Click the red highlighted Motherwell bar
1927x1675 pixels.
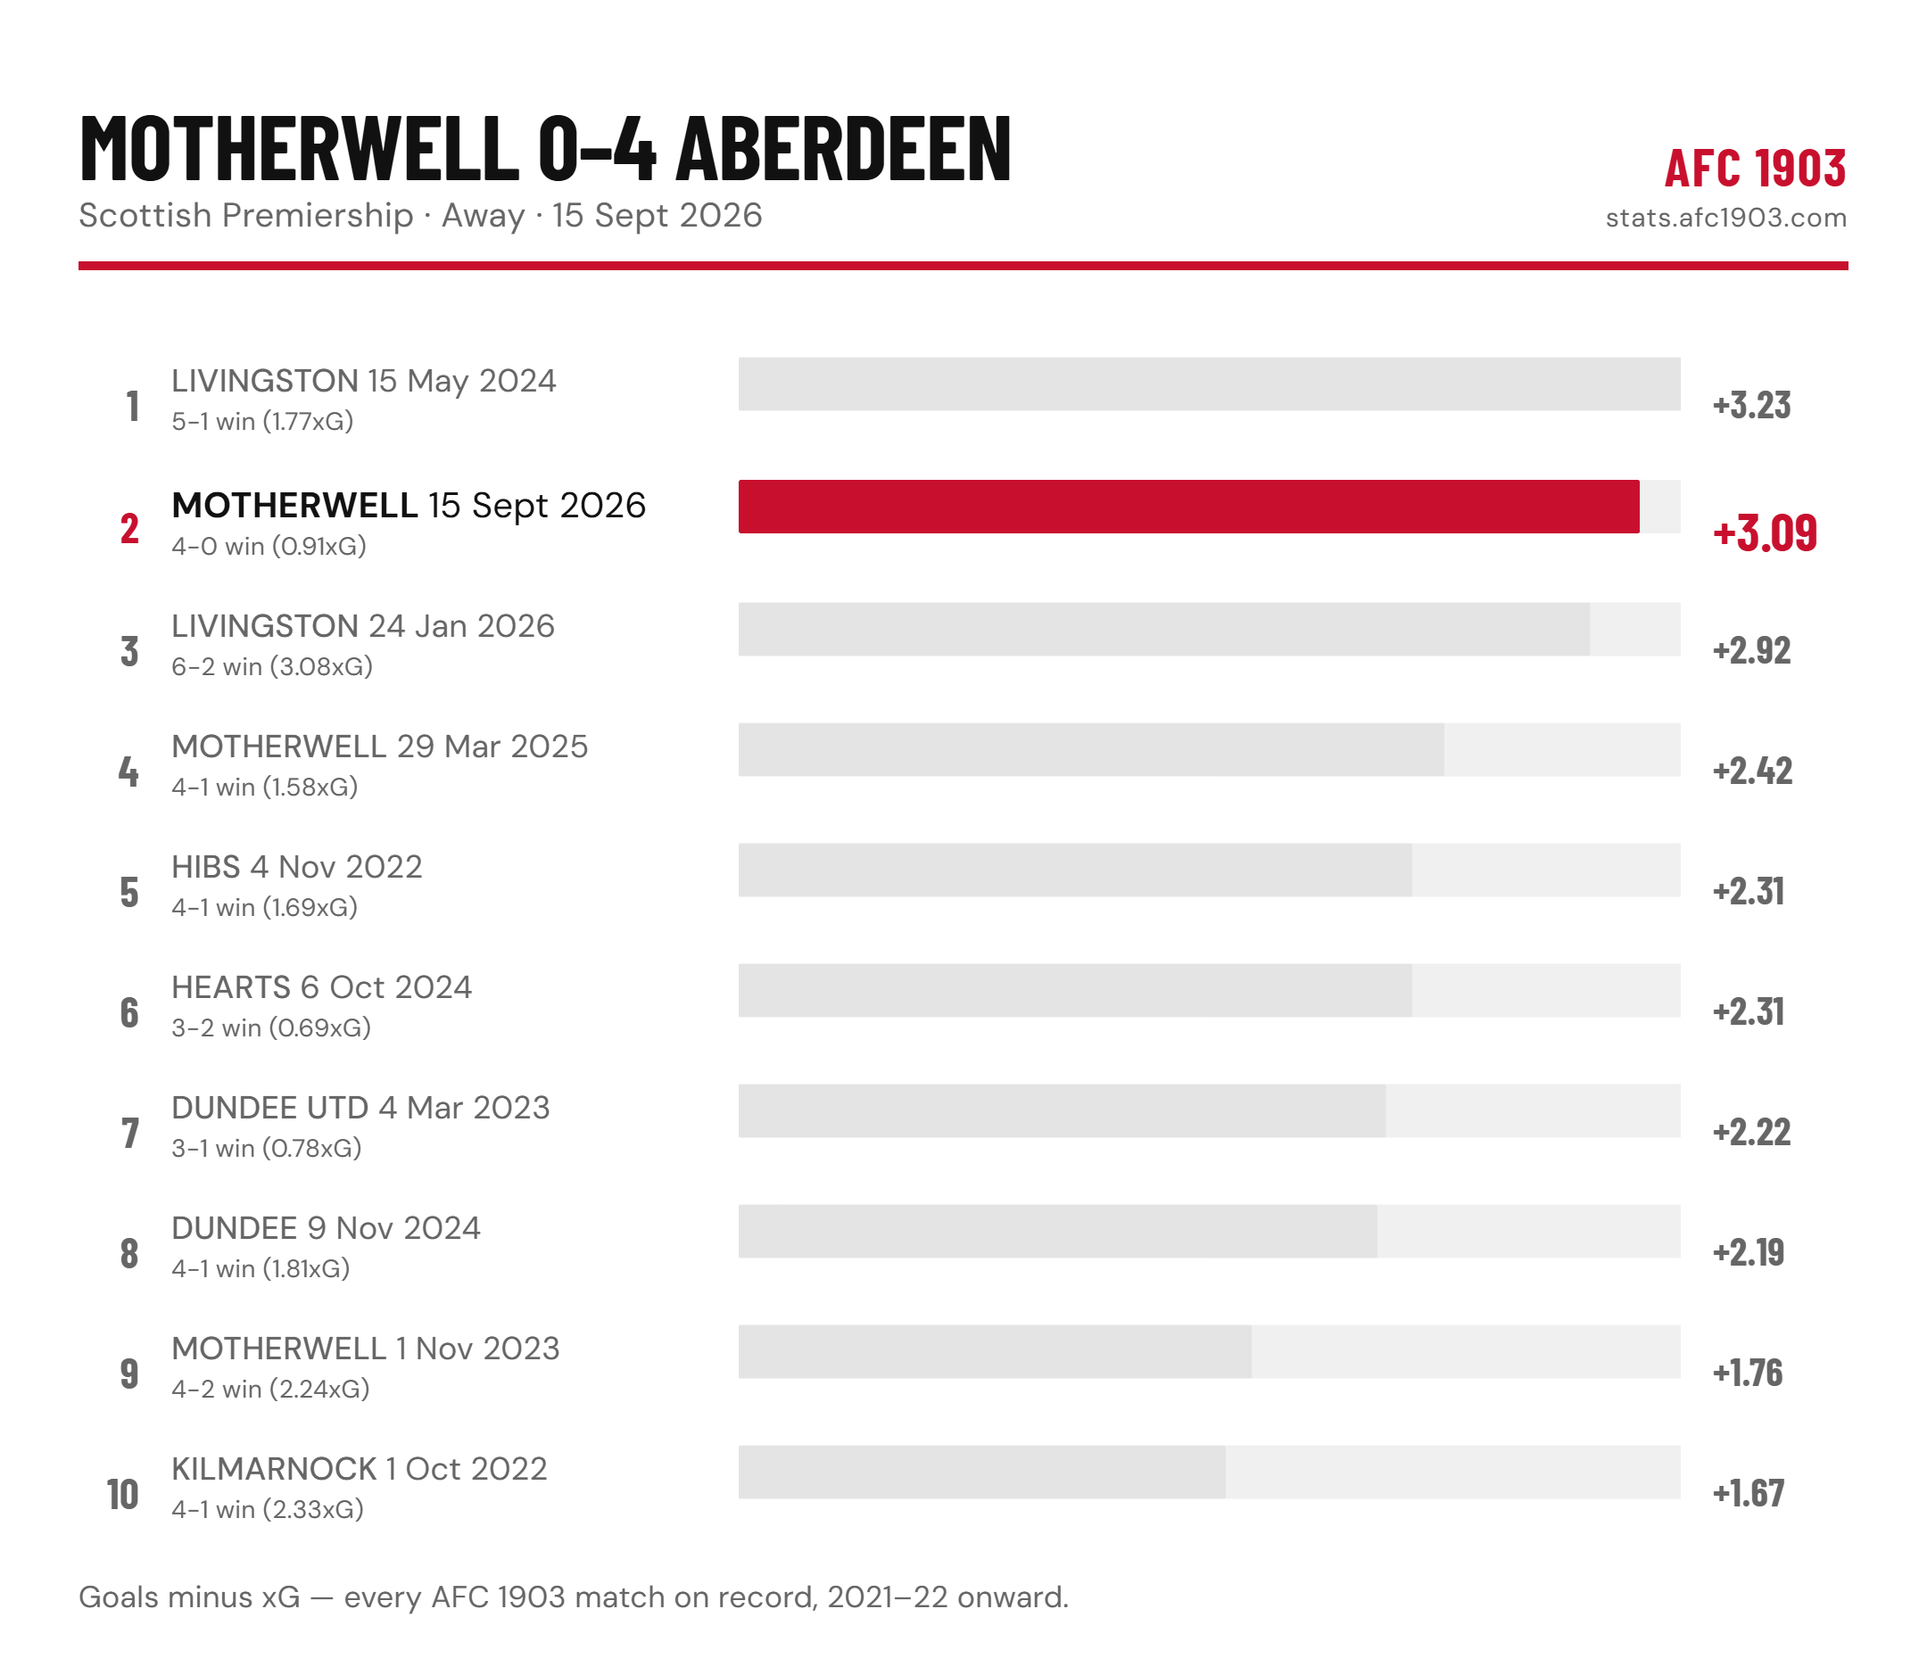pos(1188,507)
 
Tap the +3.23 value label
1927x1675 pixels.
pos(1751,406)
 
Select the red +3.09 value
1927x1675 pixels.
pos(1765,532)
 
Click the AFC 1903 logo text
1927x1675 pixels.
pos(1755,169)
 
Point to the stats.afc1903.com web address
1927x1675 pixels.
pos(1726,218)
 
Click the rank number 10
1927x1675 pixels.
pos(122,1494)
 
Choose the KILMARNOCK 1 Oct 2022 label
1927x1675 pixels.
pos(359,1468)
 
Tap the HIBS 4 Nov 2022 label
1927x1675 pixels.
pos(296,866)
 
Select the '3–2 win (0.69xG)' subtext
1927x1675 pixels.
pos(271,1028)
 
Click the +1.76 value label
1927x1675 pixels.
pos(1748,1373)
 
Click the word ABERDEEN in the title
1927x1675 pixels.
pos(843,147)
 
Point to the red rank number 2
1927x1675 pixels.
pos(129,529)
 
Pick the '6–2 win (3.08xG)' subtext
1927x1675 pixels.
pos(272,666)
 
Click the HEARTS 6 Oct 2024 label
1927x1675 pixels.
pos(322,987)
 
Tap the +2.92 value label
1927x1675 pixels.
pos(1751,650)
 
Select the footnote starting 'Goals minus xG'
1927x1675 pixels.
pos(573,1597)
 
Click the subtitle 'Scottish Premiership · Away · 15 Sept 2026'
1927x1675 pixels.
pos(421,215)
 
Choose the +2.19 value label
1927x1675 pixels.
pos(1749,1252)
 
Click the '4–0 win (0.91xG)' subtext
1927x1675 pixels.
pos(269,546)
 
